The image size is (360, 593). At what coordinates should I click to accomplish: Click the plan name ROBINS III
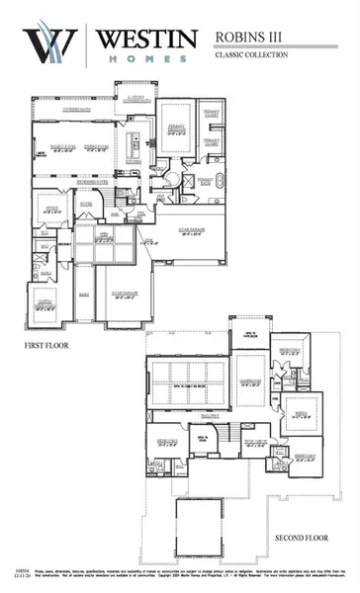(250, 37)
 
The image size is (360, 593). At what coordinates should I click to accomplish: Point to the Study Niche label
(258, 443)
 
